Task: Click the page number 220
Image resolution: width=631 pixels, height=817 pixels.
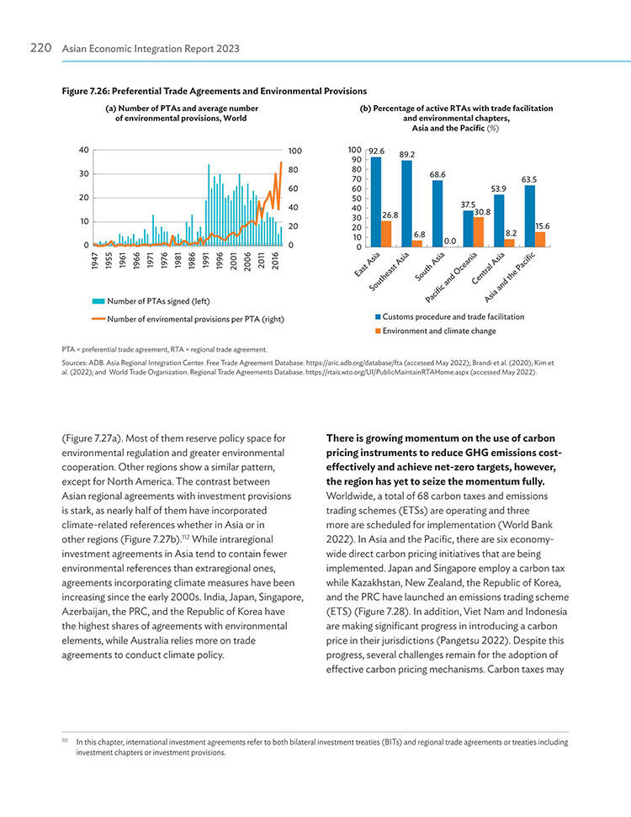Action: coord(40,48)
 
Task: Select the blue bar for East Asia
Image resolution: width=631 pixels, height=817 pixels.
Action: coord(376,202)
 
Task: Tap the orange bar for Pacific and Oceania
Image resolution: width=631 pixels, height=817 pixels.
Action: coord(479,232)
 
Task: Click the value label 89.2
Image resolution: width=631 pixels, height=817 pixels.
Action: coord(407,155)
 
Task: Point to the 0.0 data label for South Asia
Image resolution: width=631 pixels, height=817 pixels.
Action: coord(449,241)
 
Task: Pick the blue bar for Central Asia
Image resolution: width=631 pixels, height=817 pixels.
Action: coord(499,221)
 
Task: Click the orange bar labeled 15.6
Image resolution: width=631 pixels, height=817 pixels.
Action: coord(540,239)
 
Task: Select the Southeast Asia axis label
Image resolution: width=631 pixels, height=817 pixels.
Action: coord(389,272)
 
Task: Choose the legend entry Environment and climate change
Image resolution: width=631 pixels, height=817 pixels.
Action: coord(436,331)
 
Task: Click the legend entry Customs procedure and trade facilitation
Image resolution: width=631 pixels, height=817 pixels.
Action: coord(449,317)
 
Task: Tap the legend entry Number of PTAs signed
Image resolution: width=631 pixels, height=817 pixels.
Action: coord(151,301)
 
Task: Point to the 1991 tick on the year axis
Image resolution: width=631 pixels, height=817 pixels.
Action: coord(206,260)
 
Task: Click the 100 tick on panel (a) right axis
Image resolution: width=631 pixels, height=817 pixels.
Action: coord(295,151)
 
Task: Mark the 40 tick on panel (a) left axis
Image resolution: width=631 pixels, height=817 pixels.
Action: coord(84,150)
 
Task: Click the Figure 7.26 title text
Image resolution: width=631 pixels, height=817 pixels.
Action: coord(215,91)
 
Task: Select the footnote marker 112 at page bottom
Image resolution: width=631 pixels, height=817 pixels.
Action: coord(65,740)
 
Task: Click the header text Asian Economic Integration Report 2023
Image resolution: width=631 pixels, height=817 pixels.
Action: coord(151,49)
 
